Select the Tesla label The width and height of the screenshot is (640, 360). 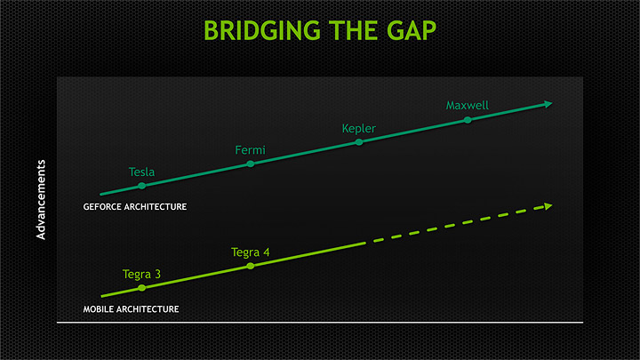pyautogui.click(x=142, y=172)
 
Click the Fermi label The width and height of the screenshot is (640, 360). pyautogui.click(x=250, y=150)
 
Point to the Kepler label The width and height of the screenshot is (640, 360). pyautogui.click(x=358, y=129)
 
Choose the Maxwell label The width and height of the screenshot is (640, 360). pyautogui.click(x=468, y=106)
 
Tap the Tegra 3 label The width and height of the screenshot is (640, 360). pyautogui.click(x=141, y=274)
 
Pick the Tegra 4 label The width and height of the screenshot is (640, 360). pyautogui.click(x=250, y=252)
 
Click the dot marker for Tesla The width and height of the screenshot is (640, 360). pyautogui.click(x=142, y=185)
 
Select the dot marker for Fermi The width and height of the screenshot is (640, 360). pyautogui.click(x=250, y=164)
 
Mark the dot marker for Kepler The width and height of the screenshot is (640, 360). pyautogui.click(x=359, y=141)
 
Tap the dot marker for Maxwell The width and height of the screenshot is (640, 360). pyautogui.click(x=468, y=120)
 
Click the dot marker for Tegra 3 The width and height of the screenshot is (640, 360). pyautogui.click(x=142, y=288)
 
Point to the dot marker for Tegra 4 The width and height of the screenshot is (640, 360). pyautogui.click(x=250, y=266)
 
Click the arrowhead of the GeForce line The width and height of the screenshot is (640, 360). pyautogui.click(x=548, y=104)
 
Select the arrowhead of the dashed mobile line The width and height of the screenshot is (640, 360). pyautogui.click(x=548, y=206)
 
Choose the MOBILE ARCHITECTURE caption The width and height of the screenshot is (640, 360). pyautogui.click(x=131, y=309)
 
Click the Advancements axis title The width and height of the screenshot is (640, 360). pyautogui.click(x=41, y=199)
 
